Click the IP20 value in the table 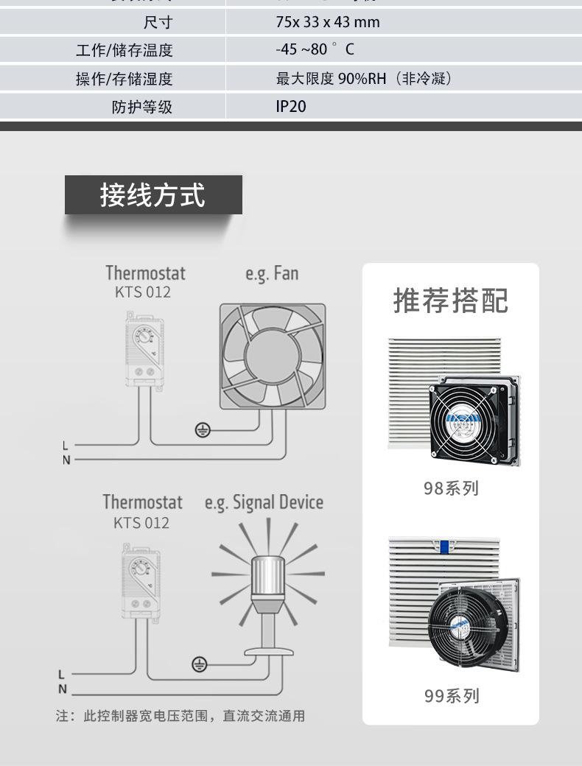click(290, 106)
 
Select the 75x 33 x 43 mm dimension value click(327, 22)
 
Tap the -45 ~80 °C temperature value click(315, 50)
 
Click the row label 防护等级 click(142, 107)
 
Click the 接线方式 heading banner click(153, 195)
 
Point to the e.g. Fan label click(272, 274)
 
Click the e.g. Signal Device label click(264, 503)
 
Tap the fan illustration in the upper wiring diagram click(273, 356)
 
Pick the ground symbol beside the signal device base click(200, 664)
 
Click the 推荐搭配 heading click(450, 301)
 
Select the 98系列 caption click(451, 488)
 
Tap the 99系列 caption click(451, 695)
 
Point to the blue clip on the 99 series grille click(444, 545)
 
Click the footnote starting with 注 click(180, 716)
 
